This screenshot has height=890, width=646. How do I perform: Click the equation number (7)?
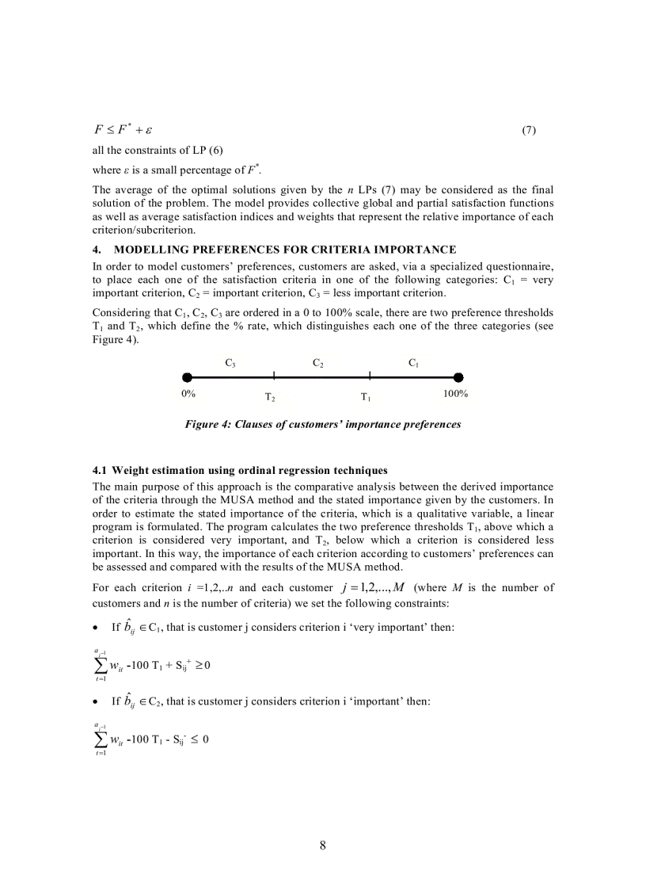point(529,130)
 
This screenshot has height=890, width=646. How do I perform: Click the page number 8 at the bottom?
point(323,845)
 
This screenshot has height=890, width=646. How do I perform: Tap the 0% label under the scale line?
point(188,394)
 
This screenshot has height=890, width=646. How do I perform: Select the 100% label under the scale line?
point(456,394)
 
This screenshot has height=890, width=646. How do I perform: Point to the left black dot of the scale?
point(187,377)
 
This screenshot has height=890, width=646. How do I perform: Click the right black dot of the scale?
point(458,377)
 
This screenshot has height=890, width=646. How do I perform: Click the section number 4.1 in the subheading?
point(101,472)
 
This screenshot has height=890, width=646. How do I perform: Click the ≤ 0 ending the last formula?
point(200,740)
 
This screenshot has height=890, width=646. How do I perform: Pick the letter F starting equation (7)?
point(99,130)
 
